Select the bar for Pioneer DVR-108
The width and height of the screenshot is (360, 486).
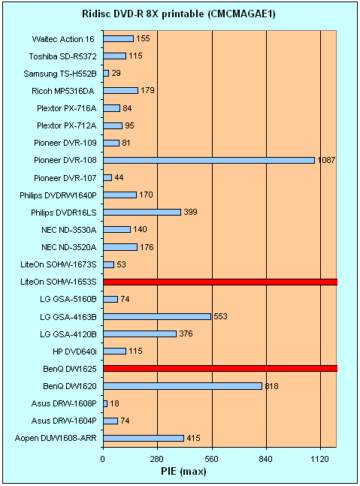209,160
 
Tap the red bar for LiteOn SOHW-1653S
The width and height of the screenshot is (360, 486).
220,282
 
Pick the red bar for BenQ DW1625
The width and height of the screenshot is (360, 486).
220,369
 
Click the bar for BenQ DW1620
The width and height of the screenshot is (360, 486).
183,386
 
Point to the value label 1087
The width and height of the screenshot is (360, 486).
326,160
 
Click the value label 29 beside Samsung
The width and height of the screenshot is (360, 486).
116,73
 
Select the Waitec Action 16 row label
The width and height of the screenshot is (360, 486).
63,39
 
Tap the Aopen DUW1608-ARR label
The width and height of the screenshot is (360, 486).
56,438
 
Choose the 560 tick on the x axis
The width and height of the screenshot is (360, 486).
212,459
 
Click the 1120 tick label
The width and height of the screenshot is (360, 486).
320,459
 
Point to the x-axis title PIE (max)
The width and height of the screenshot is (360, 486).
183,472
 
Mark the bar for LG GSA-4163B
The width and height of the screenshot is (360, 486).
157,316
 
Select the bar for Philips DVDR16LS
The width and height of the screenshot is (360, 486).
142,212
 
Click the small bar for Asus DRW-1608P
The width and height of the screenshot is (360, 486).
105,403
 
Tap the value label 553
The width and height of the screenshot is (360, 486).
220,316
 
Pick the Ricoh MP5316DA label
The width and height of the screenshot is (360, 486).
63,91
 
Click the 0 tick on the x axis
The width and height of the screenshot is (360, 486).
103,459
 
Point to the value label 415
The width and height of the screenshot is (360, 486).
193,438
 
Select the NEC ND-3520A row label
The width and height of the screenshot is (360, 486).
69,247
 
